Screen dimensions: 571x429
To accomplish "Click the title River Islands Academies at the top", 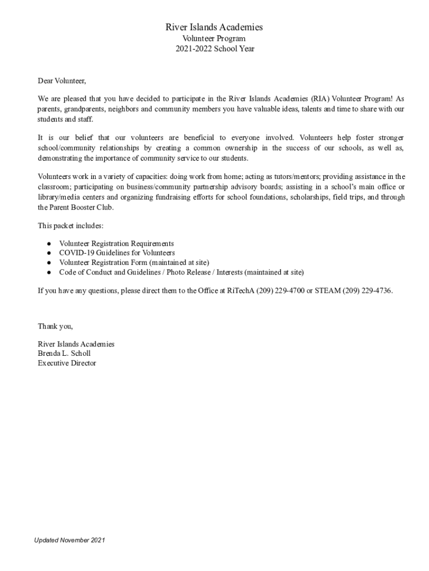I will [x=214, y=27].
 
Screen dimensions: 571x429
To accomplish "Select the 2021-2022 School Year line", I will [x=214, y=49].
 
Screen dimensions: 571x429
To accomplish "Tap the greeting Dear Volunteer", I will [x=62, y=81].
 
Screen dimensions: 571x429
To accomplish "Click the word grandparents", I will [x=90, y=109].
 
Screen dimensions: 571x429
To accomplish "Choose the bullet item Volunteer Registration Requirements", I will [x=116, y=244].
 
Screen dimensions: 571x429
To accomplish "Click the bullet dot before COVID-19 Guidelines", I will [x=49, y=253].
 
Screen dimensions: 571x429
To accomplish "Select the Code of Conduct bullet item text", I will [x=182, y=272].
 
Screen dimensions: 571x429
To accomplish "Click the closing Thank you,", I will [x=55, y=326].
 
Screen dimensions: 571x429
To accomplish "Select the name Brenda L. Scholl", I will [x=64, y=354].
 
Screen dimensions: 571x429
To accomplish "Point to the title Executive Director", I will [x=67, y=363].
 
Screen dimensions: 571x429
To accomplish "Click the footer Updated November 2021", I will [x=70, y=540].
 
